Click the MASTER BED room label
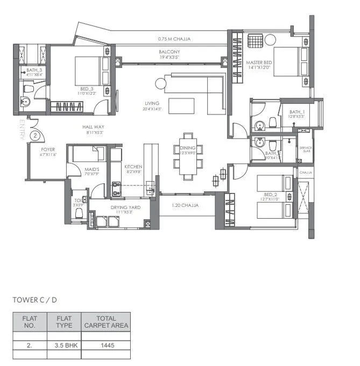pos(258,63)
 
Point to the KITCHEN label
pos(133,167)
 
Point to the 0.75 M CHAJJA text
pos(174,39)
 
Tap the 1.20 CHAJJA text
pos(186,205)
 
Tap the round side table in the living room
pos(160,83)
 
